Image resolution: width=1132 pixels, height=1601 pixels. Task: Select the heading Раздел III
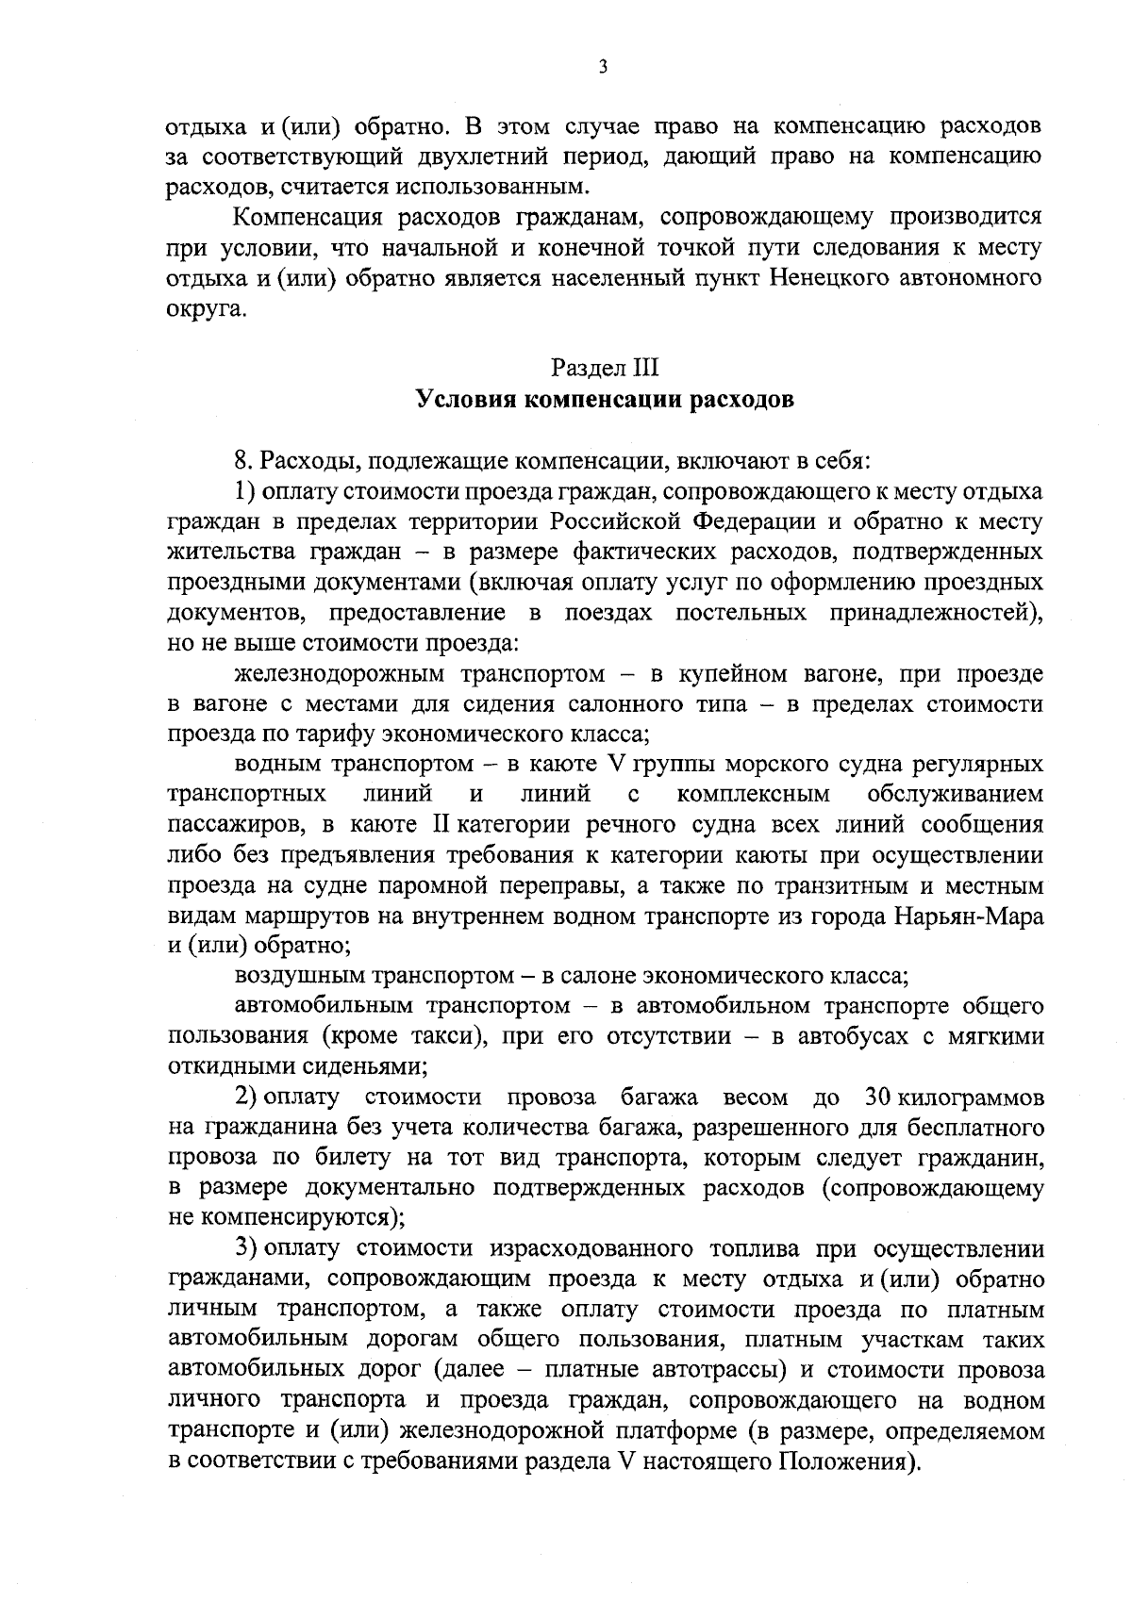pyautogui.click(x=605, y=367)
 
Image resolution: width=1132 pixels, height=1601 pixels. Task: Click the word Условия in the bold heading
pyautogui.click(x=464, y=399)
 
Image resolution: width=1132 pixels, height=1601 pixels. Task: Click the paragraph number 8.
pyautogui.click(x=241, y=461)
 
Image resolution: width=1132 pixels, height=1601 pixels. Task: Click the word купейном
pyautogui.click(x=732, y=674)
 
